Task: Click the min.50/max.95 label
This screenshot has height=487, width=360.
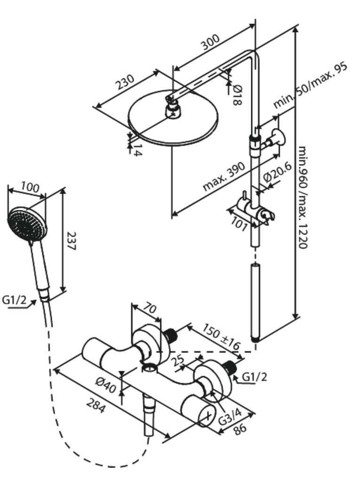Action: coord(311,85)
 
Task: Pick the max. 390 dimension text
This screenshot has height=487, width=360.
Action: coord(224,176)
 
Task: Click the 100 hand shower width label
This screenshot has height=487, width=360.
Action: coord(30,187)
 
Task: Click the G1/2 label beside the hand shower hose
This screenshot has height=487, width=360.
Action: coord(14,300)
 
